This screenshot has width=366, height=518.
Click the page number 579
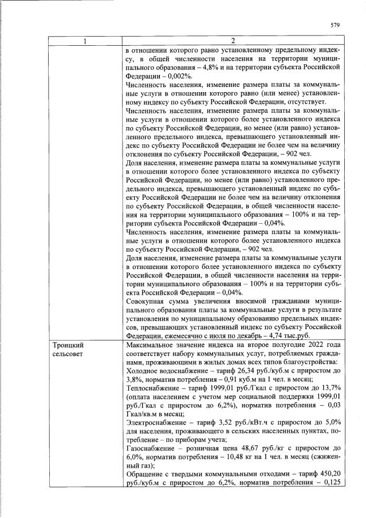pyautogui.click(x=336, y=25)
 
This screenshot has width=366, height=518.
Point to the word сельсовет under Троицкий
pyautogui.click(x=70, y=355)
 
